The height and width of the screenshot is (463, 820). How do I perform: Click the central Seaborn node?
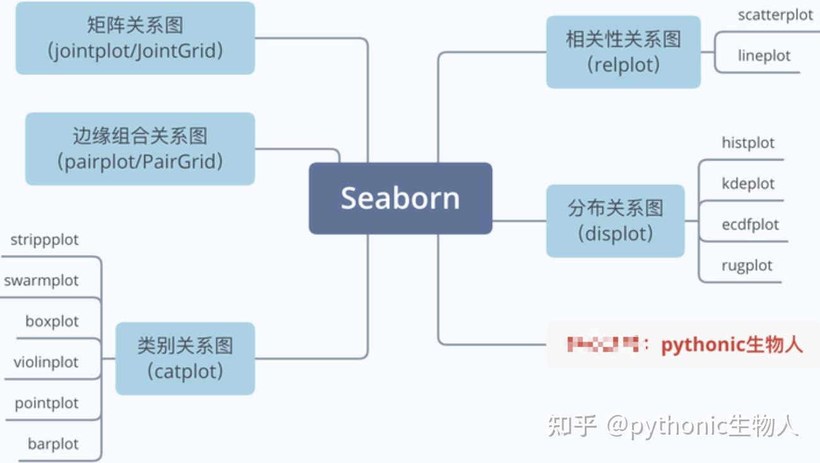click(x=400, y=198)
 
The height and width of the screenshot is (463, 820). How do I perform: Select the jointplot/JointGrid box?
click(x=135, y=38)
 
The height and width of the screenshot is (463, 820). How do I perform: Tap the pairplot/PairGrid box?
click(x=139, y=149)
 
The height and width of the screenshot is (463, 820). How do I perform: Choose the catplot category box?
click(x=185, y=358)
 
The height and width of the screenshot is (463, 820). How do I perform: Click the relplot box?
click(x=623, y=52)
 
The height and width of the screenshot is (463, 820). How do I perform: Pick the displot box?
click(x=615, y=221)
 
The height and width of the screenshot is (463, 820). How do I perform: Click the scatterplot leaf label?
click(x=775, y=15)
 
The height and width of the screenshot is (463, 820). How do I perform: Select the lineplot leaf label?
click(x=764, y=56)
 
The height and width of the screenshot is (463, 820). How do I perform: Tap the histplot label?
click(x=748, y=143)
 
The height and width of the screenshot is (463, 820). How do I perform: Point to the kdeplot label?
click(x=748, y=184)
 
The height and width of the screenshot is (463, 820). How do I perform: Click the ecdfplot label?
click(x=750, y=225)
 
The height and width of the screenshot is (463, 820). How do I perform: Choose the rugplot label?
click(x=747, y=266)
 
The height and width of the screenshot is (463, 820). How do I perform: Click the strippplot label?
click(x=45, y=240)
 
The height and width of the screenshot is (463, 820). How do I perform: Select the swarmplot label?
click(x=42, y=281)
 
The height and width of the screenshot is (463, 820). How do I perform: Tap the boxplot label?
click(x=52, y=321)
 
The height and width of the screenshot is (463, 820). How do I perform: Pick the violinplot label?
click(x=46, y=362)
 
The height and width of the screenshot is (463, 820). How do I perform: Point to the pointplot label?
click(x=47, y=403)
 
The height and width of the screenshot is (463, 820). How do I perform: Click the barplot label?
click(x=53, y=444)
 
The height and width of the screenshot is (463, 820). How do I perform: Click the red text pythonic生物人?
click(x=732, y=345)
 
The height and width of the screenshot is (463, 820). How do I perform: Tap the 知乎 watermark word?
click(x=571, y=426)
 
